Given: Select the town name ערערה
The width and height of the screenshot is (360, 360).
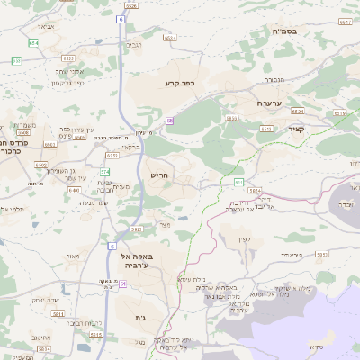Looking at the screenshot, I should pyautogui.click(x=269, y=103).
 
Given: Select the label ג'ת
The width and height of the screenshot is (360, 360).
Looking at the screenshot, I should pyautogui.click(x=140, y=318).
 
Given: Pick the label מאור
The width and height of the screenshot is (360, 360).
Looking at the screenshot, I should pyautogui.click(x=73, y=256).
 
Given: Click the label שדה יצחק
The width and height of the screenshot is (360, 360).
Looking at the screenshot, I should pyautogui.click(x=46, y=299).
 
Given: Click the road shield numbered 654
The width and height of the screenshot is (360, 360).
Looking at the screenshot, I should pyautogui.click(x=33, y=42).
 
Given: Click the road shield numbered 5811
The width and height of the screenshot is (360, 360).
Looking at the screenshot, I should pyautogui.click(x=58, y=314).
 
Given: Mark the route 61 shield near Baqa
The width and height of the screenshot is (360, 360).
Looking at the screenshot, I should pyautogui.click(x=112, y=244).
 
